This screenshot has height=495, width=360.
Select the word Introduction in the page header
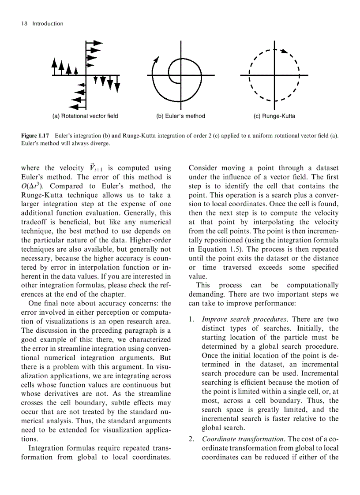click(x=48, y=24)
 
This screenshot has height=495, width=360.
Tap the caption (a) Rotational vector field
click(x=85, y=116)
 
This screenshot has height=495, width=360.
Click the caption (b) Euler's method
click(x=180, y=116)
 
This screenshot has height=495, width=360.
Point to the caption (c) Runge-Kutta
click(x=274, y=116)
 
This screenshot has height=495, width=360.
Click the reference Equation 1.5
click(x=214, y=249)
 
